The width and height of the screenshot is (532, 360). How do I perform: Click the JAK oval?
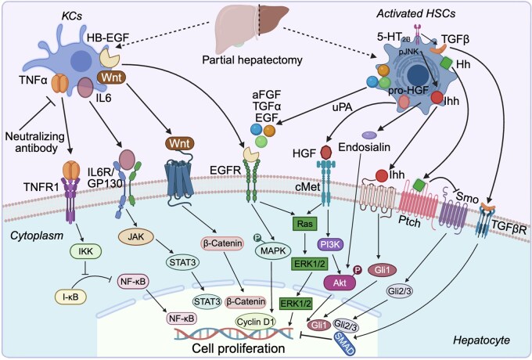136,236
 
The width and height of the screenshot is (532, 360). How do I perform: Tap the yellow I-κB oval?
70,297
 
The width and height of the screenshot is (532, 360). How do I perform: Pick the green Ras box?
304,224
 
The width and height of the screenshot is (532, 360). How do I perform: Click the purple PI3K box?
330,245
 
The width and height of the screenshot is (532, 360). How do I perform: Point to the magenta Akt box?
340,283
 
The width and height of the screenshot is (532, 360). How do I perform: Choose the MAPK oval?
273,251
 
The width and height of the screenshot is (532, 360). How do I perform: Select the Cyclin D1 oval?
256,322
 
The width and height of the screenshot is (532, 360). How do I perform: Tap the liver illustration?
252,28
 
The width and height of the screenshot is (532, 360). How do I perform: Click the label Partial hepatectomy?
252,60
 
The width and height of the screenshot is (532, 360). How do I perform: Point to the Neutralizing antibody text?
35,142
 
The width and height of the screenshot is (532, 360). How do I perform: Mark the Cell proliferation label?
238,348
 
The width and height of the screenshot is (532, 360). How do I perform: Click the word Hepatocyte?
481,340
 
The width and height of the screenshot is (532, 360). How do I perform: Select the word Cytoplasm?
37,236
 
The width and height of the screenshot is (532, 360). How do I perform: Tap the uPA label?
342,107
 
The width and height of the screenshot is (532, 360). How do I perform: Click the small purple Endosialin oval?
369,135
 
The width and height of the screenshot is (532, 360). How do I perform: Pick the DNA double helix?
234,334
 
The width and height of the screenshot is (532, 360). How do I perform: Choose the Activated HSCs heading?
416,13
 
